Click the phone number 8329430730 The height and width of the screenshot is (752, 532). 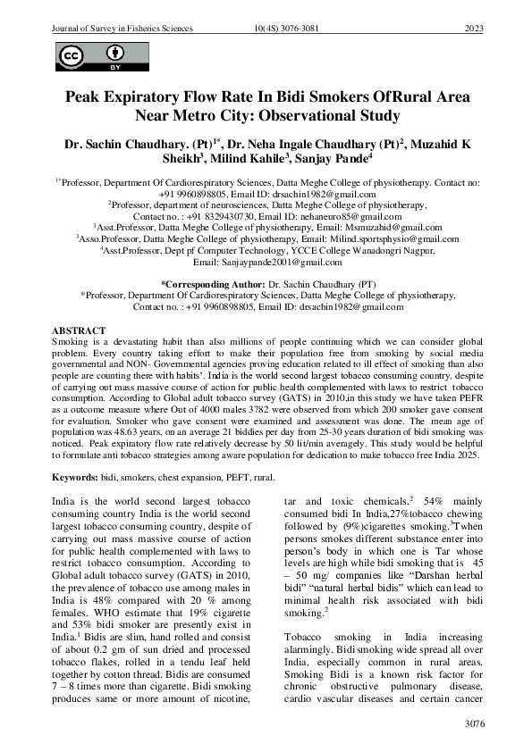click(x=222, y=216)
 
